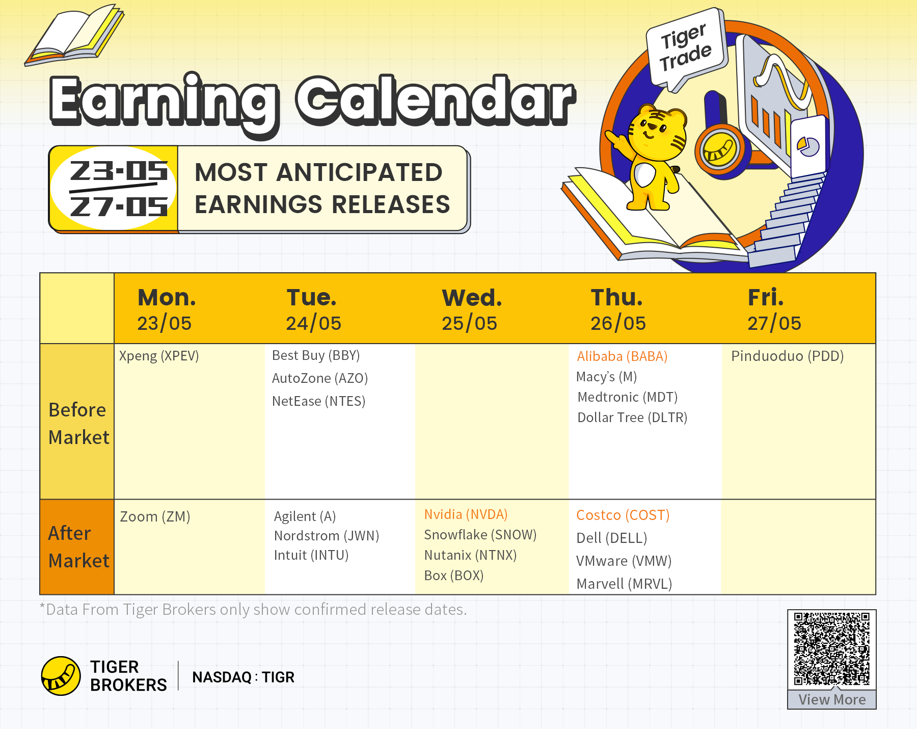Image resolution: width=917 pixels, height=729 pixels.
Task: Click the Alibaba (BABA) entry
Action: pos(622,356)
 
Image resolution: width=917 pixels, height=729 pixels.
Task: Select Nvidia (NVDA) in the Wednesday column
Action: pos(466,514)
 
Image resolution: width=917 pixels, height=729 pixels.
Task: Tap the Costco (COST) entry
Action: pos(623,515)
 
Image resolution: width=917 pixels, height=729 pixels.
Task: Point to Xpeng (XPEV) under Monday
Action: pos(159,356)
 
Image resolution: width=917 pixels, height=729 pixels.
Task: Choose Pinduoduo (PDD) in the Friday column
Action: pos(787,356)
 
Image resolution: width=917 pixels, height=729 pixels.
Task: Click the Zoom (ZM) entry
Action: pos(155,516)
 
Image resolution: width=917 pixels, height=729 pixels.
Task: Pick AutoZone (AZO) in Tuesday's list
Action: pos(320,378)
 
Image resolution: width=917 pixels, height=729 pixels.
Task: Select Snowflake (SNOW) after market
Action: pos(480,535)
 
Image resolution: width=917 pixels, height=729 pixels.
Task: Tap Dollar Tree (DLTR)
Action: pos(632,418)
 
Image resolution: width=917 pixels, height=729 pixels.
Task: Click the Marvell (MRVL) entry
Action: pos(624,584)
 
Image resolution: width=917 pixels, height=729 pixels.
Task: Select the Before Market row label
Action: pos(78,423)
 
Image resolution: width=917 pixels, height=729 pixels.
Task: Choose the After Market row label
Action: pos(78,547)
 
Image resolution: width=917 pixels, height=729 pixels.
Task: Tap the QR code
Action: pos(831,649)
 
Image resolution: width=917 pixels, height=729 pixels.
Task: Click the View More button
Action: pos(832,699)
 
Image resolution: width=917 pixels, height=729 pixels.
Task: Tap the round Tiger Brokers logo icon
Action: pos(61,676)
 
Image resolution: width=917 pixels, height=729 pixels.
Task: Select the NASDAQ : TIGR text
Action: pos(243,677)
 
